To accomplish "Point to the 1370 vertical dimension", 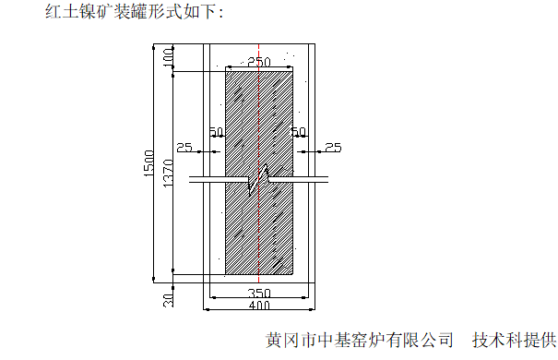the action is click(167, 172).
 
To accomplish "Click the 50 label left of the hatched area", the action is click(217, 133).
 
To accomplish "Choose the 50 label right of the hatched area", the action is click(299, 133).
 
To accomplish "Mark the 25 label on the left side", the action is click(184, 148).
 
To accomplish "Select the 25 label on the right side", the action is click(333, 148).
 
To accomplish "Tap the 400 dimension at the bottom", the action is click(259, 306).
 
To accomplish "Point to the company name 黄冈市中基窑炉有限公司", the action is click(359, 340).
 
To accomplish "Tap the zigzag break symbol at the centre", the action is click(259, 179).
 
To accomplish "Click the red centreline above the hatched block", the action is click(259, 54).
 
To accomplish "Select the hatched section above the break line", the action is click(259, 120).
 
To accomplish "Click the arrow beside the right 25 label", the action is click(317, 148).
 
